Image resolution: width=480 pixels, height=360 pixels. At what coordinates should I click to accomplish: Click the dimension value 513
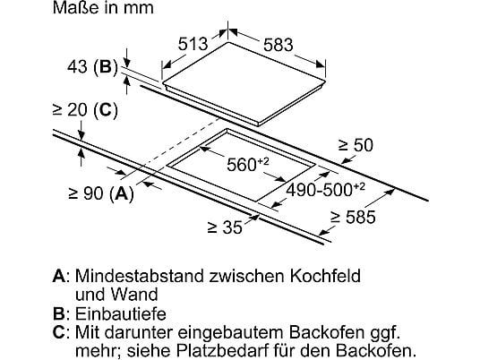pos(193,44)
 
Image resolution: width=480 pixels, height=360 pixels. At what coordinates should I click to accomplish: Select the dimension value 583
pos(279,45)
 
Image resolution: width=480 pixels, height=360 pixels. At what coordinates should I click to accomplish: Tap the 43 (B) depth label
pos(92,66)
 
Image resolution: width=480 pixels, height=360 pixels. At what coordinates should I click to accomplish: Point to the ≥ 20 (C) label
pos(85,110)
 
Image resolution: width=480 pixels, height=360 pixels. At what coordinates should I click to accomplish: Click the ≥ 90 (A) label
pos(101,193)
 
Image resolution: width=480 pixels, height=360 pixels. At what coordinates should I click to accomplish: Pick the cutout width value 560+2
pos(248,164)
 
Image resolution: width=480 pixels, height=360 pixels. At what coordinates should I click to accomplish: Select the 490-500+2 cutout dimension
pos(325,189)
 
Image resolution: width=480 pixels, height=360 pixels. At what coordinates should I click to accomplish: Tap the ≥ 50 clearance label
pos(356,145)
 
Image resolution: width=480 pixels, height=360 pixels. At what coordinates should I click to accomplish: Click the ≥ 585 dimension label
pos(353,217)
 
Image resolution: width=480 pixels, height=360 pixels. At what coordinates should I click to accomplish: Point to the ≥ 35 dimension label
pos(225,227)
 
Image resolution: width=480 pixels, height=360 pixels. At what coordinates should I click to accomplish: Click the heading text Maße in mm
pos(103,8)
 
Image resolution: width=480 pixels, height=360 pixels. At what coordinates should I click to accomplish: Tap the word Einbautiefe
pos(121,314)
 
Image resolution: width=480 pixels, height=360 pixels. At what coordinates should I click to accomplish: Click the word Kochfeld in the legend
pos(325,276)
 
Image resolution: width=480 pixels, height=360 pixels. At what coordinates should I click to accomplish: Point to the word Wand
pos(134,295)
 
